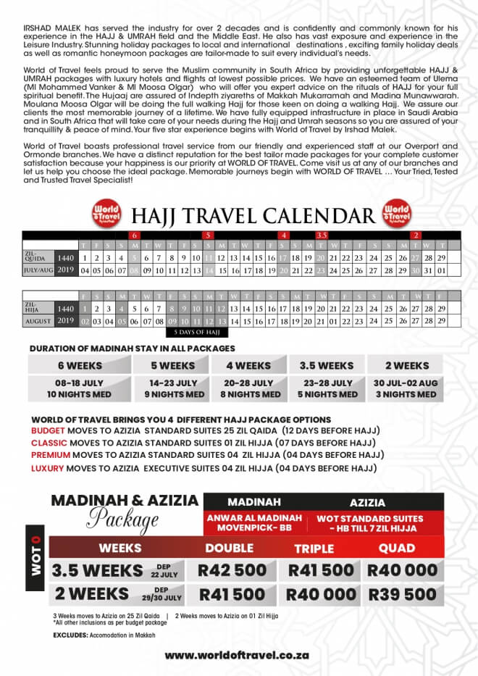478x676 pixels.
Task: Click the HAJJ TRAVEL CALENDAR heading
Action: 253,215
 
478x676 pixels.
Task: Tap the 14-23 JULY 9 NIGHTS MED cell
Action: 174,388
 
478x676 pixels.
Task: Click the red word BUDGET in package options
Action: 49,430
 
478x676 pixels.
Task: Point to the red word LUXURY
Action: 48,468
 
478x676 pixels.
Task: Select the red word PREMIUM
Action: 50,455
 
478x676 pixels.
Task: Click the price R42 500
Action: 232,570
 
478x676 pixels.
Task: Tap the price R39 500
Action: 402,594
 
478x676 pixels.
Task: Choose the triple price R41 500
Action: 320,570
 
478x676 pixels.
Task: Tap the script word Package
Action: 123,520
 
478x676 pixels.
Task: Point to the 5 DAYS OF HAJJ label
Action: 196,332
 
